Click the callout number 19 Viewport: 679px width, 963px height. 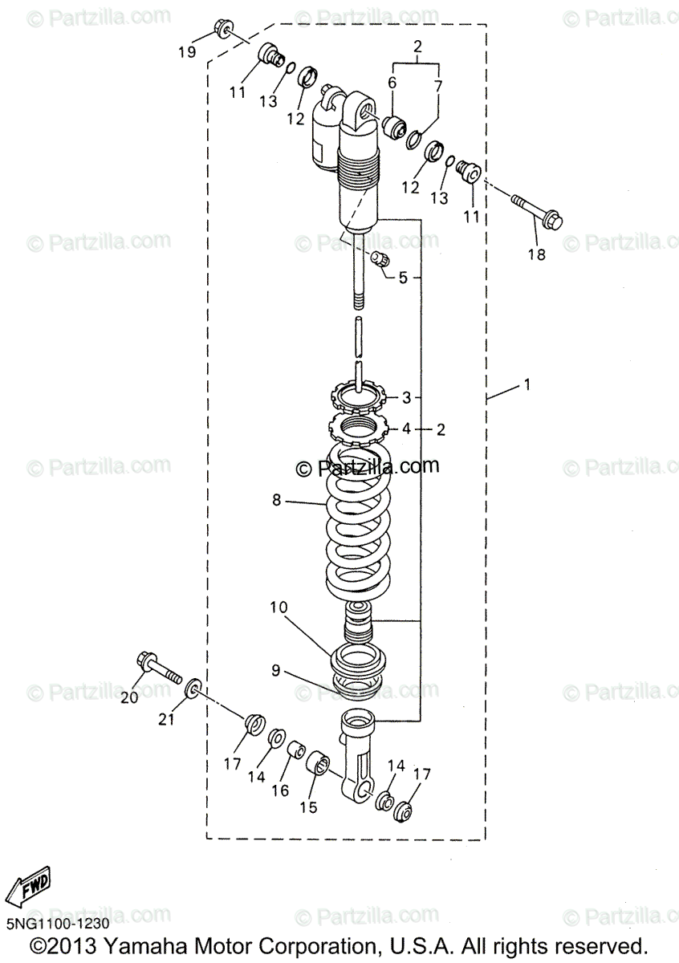[x=186, y=53]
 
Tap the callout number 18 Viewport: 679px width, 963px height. [x=535, y=254]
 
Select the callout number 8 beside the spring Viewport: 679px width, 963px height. [x=277, y=500]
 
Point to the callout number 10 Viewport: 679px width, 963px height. [x=277, y=608]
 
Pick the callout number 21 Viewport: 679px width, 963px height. [x=166, y=719]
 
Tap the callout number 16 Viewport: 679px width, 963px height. [x=280, y=790]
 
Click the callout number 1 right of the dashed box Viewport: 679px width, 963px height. [x=527, y=385]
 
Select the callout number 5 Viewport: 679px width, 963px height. [x=404, y=278]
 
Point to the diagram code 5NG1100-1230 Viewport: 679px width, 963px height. [x=56, y=924]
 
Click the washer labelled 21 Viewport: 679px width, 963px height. [x=193, y=690]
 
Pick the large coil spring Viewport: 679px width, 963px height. [x=359, y=530]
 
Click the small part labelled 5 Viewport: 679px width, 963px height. [x=380, y=258]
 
